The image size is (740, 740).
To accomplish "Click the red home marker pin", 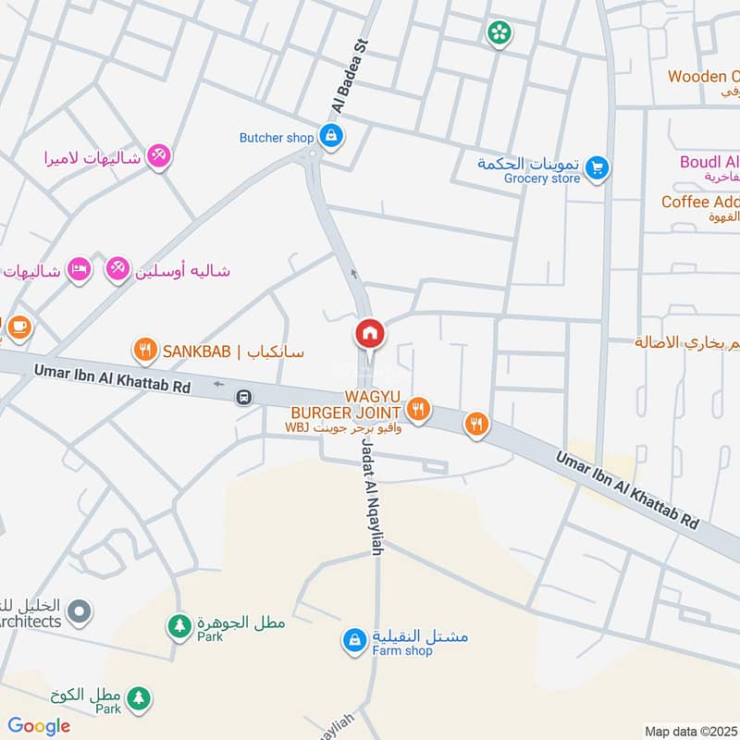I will pos(369,334).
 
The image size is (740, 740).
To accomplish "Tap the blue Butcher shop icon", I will pos(330,137).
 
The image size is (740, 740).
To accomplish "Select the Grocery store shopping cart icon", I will pos(598,167).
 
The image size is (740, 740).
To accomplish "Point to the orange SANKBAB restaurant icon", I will pos(143,351).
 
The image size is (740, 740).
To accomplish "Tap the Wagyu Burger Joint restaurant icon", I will pos(419,409).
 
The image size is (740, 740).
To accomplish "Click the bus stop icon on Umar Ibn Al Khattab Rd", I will pos(243,397).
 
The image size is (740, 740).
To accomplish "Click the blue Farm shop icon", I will pos(354,639).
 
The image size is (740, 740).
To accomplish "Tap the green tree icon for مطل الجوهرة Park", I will pos(178,627).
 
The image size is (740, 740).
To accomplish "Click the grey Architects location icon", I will pos(80,610).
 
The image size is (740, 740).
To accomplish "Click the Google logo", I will pos(39,726).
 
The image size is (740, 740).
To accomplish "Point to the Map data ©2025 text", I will pos(691,731).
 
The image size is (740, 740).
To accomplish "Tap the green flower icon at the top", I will pos(499,33).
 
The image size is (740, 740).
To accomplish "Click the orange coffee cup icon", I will pos(18,326).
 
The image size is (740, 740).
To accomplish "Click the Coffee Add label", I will pos(699,202).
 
